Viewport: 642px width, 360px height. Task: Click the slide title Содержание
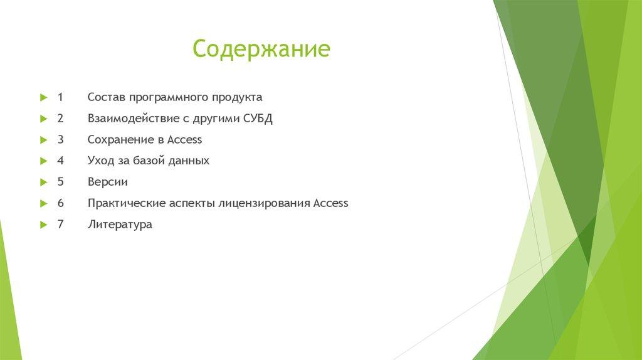tap(261, 49)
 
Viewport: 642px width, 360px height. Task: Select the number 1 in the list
tap(60, 97)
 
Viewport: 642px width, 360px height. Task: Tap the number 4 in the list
tap(60, 161)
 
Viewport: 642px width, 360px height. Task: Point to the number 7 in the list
tap(60, 224)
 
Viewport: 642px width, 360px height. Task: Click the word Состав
tap(107, 97)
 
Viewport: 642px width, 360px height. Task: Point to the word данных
tap(188, 161)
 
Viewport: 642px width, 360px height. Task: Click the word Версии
tap(108, 182)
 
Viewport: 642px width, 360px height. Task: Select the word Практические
tap(127, 203)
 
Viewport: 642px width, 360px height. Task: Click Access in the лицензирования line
tap(330, 203)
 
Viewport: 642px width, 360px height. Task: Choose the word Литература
tap(120, 224)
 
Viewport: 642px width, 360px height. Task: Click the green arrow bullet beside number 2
tap(43, 119)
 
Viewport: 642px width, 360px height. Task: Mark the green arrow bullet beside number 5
tap(43, 182)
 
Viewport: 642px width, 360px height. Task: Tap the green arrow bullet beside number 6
tap(43, 203)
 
